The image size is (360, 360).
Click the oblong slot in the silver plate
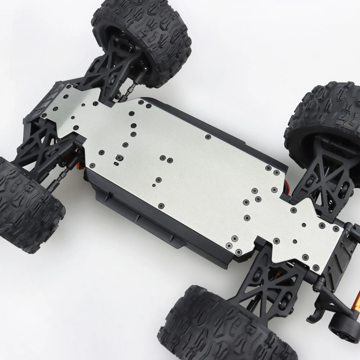(116, 163)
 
